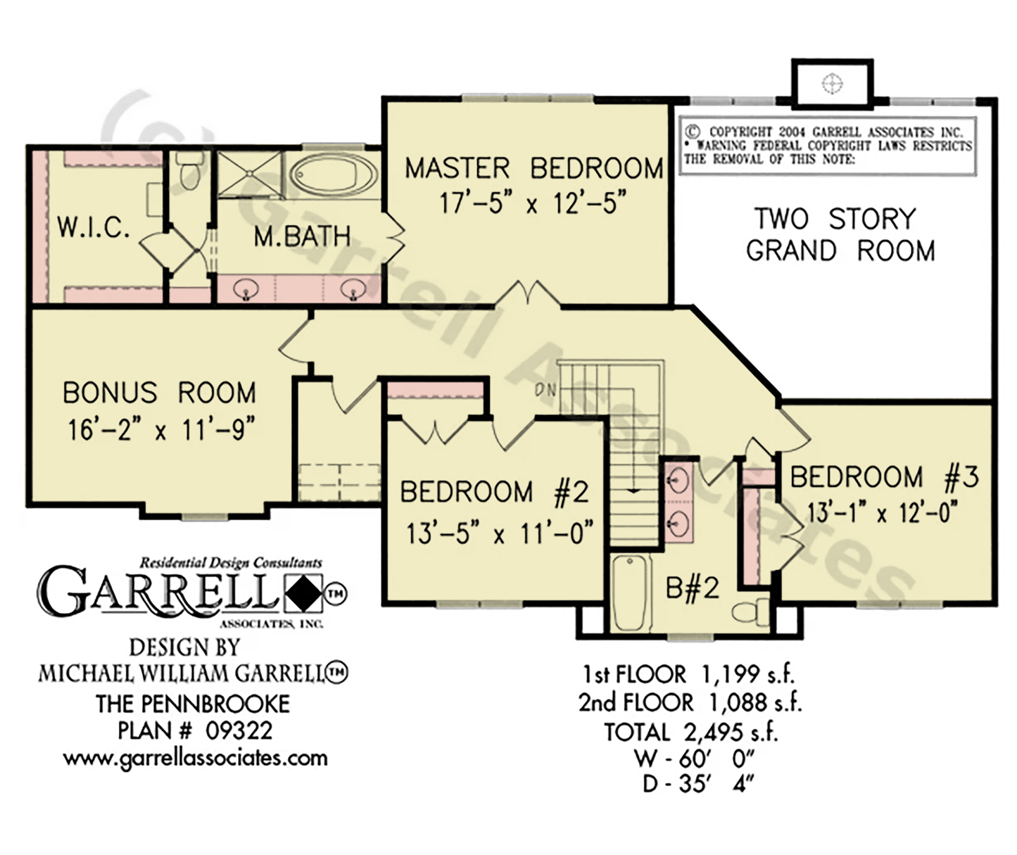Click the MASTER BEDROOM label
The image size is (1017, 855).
533,168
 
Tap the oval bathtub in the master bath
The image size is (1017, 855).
334,175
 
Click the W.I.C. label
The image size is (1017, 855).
94,227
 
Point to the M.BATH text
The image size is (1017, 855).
302,236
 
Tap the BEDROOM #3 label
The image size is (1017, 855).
884,476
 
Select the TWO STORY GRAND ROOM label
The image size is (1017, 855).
840,235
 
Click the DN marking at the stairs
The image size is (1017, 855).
545,390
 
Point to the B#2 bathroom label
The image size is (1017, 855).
692,588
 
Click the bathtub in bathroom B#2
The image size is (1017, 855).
631,593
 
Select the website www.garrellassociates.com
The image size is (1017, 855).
196,758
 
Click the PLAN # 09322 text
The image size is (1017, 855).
195,730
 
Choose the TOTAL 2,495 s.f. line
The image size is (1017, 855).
690,732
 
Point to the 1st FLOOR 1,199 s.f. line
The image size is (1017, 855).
689,674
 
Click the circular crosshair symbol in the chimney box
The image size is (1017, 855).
832,84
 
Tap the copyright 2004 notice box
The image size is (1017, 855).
828,146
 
